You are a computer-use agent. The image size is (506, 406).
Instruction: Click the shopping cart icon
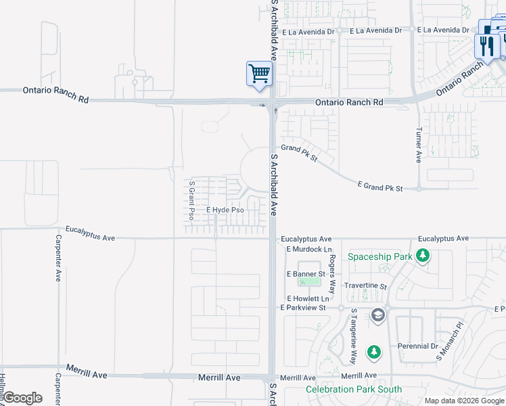point(259,73)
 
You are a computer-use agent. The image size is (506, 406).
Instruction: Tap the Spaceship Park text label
point(379,256)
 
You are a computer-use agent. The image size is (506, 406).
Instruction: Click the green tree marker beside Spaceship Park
point(423,256)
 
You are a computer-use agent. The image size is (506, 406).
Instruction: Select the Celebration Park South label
point(354,389)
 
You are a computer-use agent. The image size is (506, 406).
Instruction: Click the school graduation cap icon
point(377,315)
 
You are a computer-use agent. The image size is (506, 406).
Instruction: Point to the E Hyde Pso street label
point(225,210)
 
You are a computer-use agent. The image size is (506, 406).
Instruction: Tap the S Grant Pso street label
point(191,200)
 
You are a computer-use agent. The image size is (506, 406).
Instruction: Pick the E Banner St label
point(306,273)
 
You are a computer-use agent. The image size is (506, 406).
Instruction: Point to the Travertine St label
point(365,286)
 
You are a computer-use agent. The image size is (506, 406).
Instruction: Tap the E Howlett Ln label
point(308,298)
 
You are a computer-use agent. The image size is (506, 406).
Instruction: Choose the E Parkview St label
point(303,308)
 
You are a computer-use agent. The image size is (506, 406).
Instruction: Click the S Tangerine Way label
point(353,336)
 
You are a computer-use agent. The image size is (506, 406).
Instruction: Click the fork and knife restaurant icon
point(486,46)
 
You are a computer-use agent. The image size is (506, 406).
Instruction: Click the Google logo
point(22,398)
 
